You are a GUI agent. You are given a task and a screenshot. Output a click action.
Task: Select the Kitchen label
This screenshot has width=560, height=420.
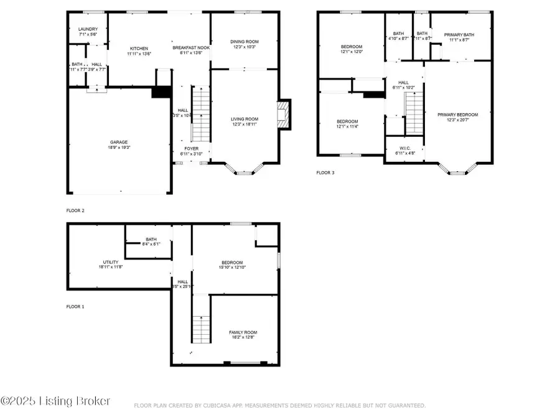click(x=139, y=49)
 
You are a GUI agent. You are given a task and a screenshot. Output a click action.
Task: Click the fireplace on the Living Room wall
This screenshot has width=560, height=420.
click(x=283, y=115)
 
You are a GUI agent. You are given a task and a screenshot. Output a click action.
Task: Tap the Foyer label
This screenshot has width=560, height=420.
click(x=191, y=149)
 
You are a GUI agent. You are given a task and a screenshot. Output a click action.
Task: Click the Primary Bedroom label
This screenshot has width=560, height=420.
click(x=457, y=114)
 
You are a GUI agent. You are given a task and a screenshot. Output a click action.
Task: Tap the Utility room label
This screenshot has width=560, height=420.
click(x=110, y=262)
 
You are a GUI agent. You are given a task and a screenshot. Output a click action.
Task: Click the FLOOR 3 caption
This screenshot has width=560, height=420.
click(x=325, y=173)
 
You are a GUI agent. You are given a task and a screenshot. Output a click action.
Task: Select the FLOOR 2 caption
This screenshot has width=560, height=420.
click(x=75, y=210)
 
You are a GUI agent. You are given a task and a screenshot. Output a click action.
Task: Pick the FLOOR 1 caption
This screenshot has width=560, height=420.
click(x=75, y=306)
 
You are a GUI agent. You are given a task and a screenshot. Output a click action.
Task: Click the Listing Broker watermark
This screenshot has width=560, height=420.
click(x=56, y=401)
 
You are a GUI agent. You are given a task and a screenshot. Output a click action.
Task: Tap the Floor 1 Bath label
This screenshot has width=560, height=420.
click(x=151, y=239)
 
